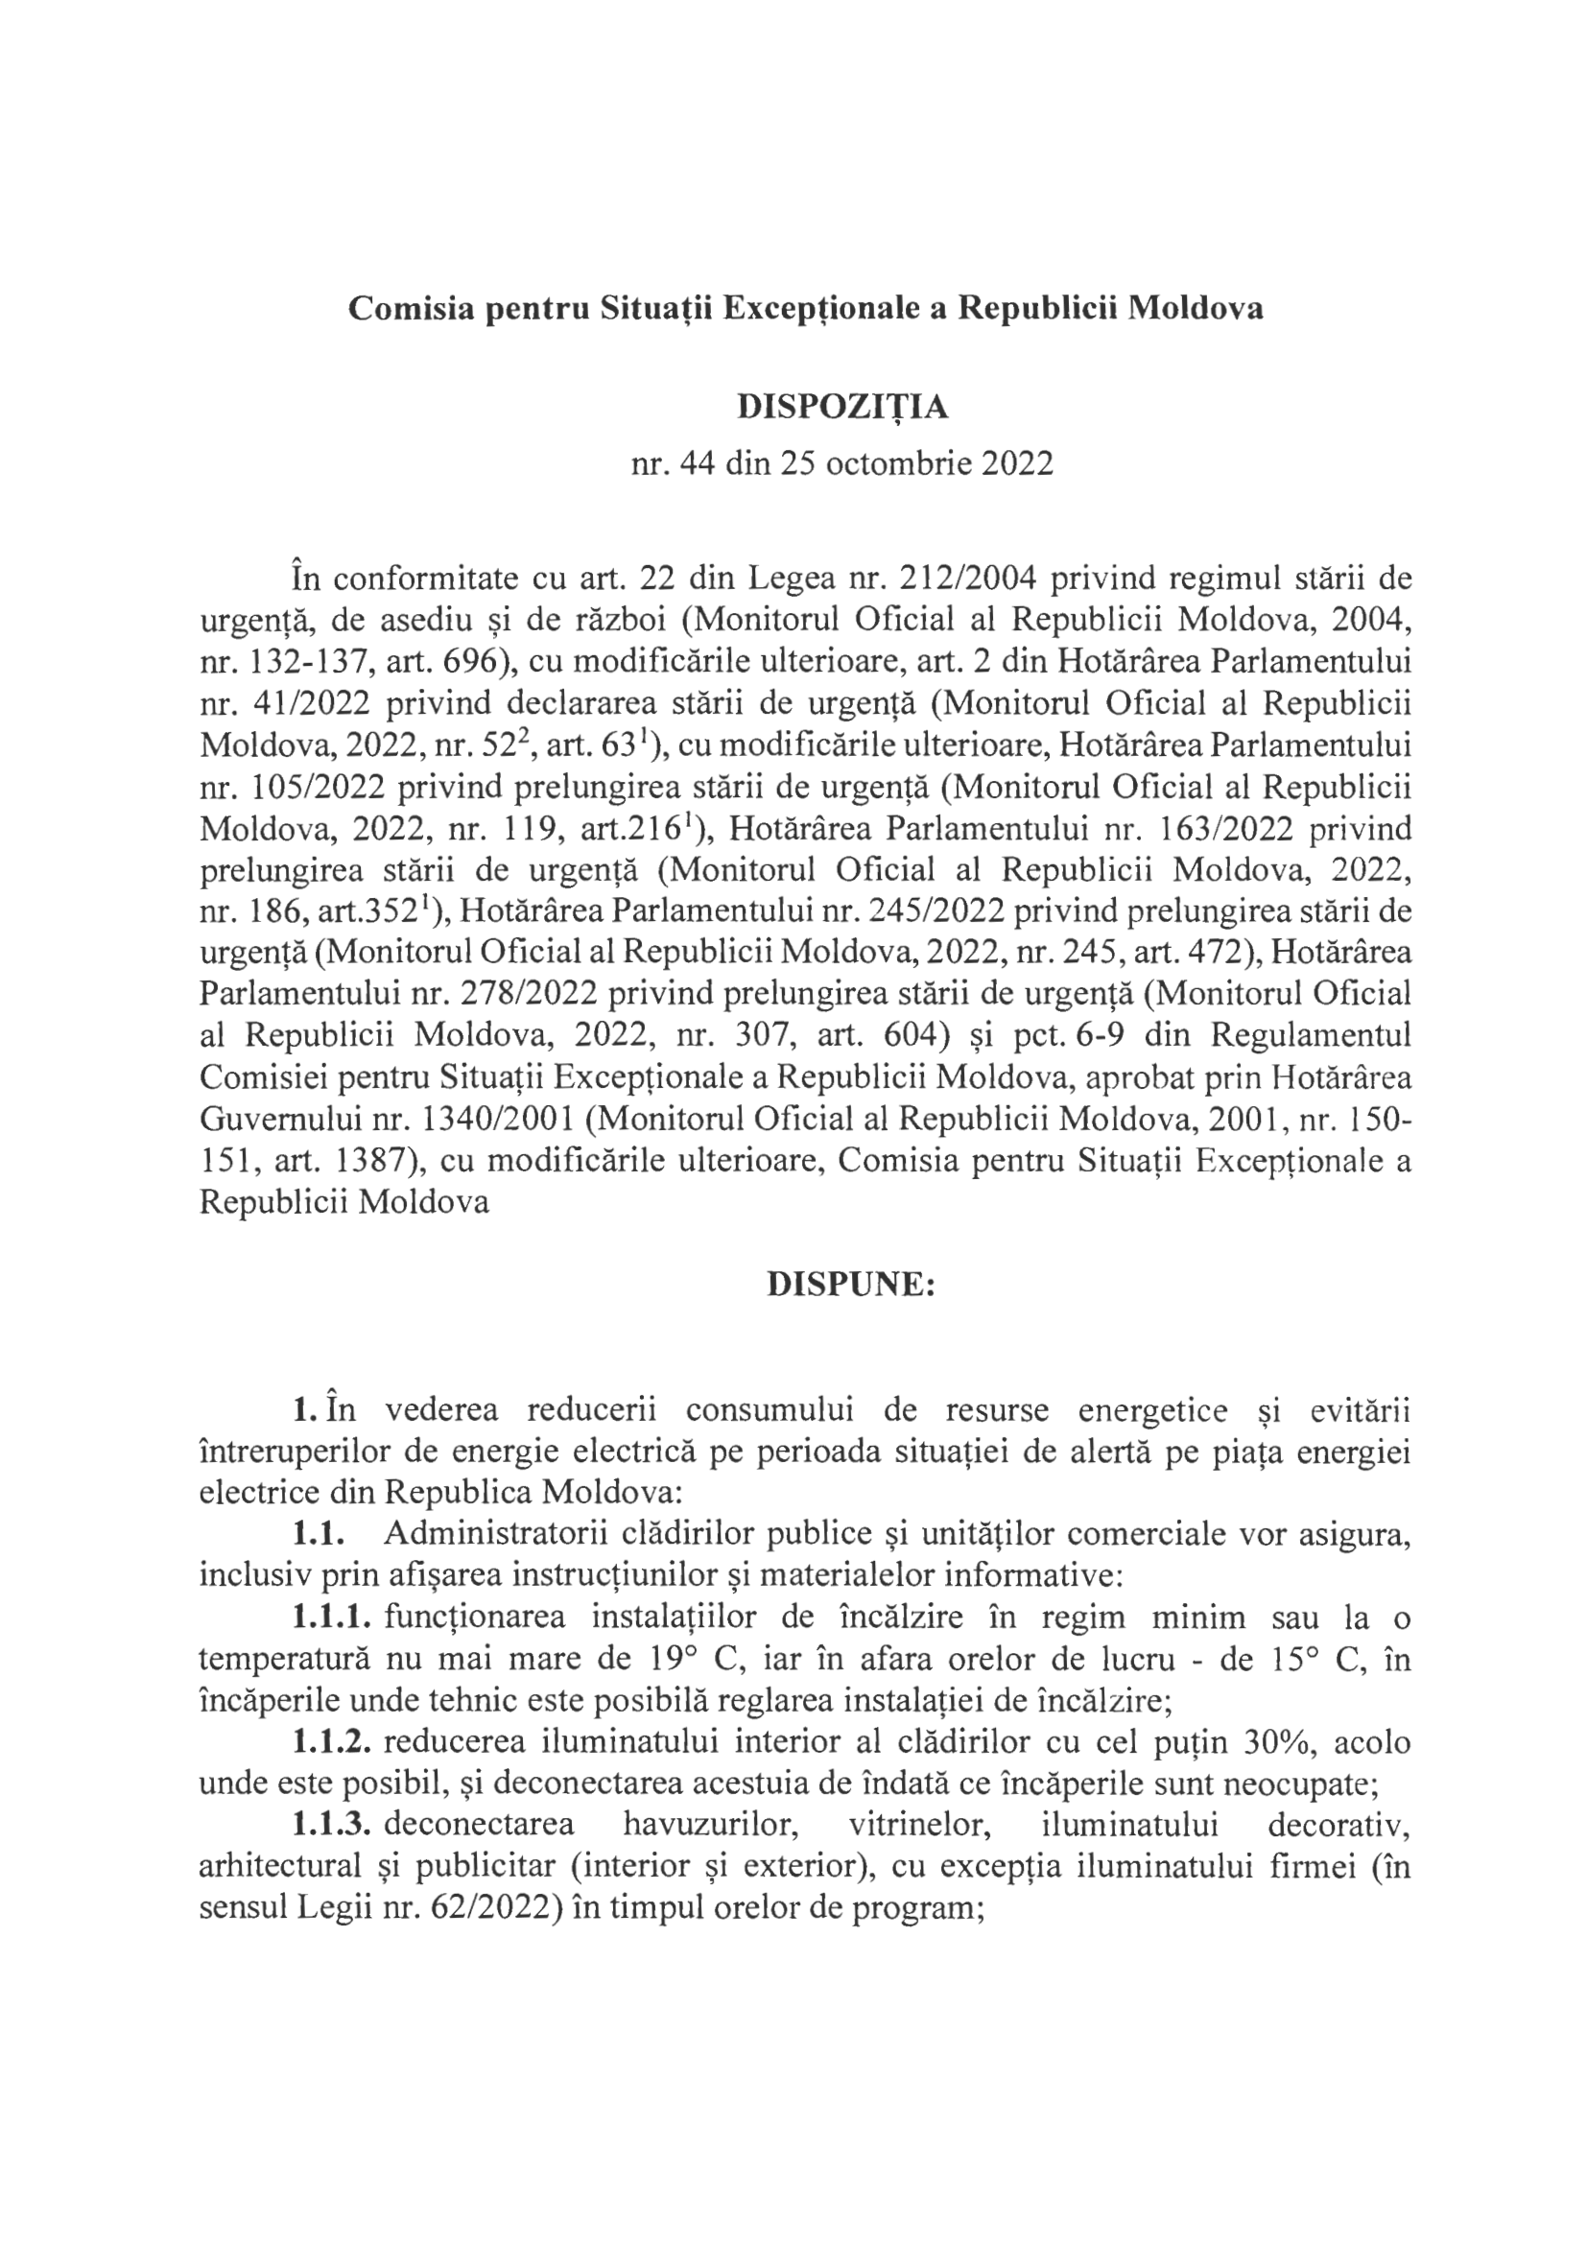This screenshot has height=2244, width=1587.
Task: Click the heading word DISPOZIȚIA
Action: pos(842,408)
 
